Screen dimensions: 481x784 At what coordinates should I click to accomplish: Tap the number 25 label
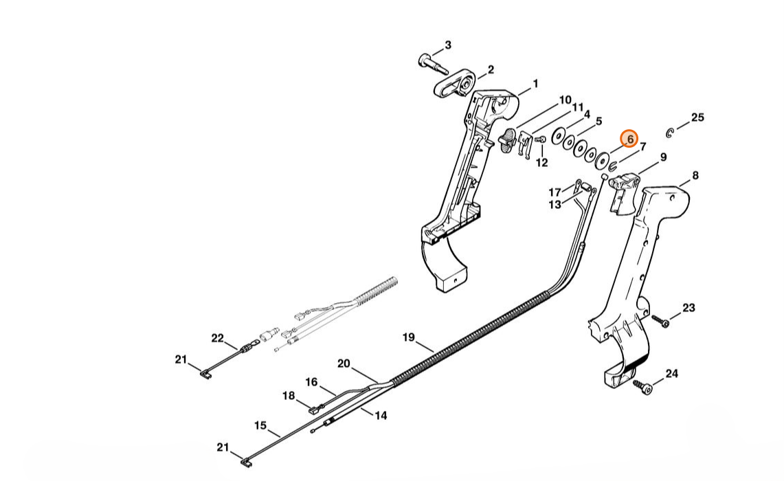pyautogui.click(x=697, y=118)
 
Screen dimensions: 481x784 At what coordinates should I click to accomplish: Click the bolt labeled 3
pyautogui.click(x=432, y=63)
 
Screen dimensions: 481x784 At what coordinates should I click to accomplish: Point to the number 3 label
pyautogui.click(x=448, y=45)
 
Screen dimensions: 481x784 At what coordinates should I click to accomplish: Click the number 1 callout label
pyautogui.click(x=535, y=84)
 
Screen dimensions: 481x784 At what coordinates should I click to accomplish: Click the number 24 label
pyautogui.click(x=671, y=374)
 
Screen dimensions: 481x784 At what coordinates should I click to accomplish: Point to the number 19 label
pyautogui.click(x=408, y=337)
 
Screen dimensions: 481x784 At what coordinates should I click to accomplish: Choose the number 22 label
pyautogui.click(x=217, y=338)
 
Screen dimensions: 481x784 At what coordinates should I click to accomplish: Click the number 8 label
pyautogui.click(x=695, y=176)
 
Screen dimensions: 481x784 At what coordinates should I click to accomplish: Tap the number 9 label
pyautogui.click(x=663, y=157)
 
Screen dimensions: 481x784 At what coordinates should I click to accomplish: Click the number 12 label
pyautogui.click(x=541, y=163)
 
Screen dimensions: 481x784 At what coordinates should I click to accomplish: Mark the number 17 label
pyautogui.click(x=555, y=192)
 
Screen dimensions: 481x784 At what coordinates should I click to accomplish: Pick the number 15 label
pyautogui.click(x=260, y=425)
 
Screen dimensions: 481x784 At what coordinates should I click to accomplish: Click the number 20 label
pyautogui.click(x=344, y=363)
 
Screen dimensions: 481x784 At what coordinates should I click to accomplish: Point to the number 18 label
pyautogui.click(x=289, y=396)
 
